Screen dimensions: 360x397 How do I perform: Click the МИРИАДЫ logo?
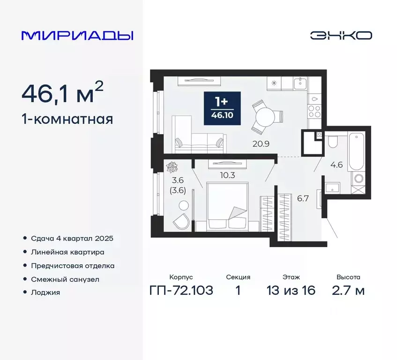(x=77, y=35)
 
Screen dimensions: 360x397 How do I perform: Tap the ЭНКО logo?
(x=341, y=36)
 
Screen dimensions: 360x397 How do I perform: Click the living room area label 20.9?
(x=260, y=144)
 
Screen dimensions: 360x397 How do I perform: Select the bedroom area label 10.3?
(x=217, y=175)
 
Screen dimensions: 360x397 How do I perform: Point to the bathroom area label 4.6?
(x=337, y=165)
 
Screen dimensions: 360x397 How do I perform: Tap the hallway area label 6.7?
(x=302, y=198)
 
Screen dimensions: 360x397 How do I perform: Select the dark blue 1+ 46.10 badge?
(x=222, y=109)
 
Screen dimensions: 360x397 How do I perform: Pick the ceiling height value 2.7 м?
(x=348, y=290)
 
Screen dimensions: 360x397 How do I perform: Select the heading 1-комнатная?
(x=67, y=119)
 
